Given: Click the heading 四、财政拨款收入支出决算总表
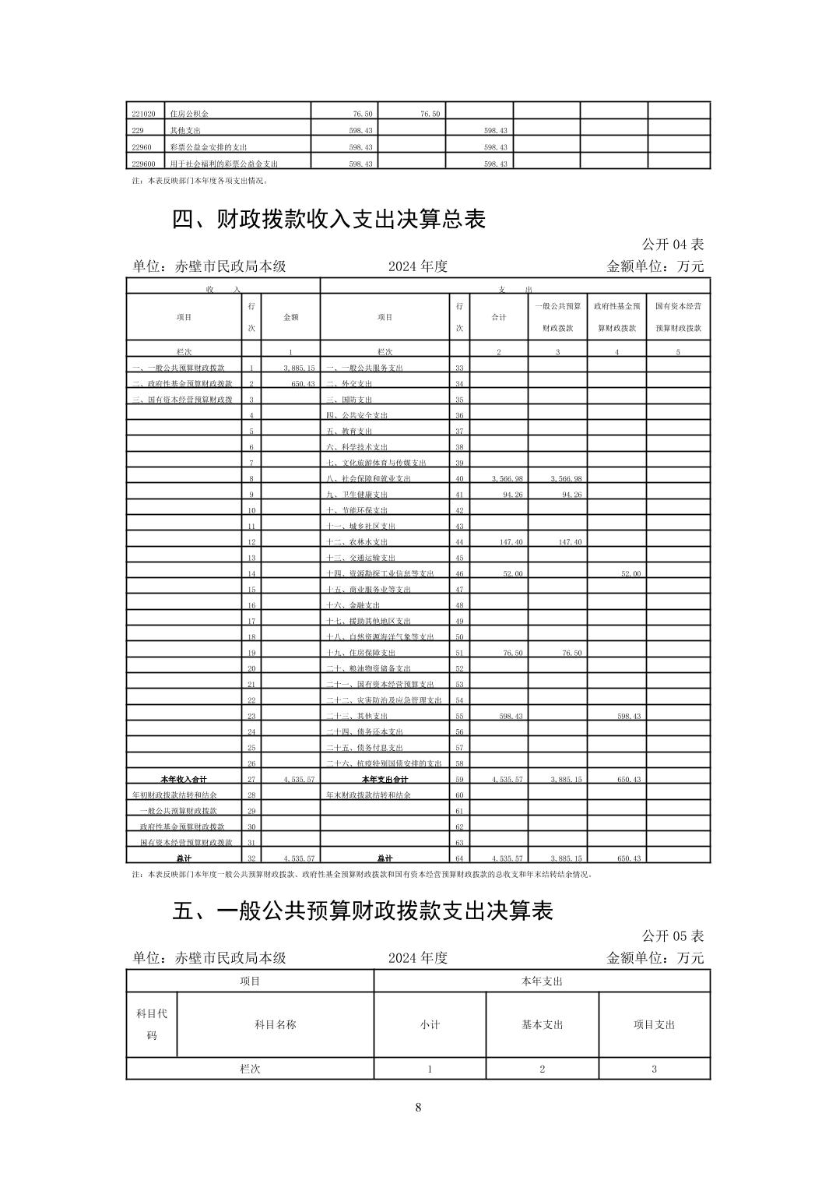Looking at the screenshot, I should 328,220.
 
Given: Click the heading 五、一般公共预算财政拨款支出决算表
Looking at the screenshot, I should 362,911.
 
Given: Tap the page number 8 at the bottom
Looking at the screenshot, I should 418,1107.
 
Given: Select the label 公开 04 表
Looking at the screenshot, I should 673,245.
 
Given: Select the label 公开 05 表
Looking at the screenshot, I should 673,936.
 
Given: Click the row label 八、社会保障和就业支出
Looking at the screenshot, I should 368,478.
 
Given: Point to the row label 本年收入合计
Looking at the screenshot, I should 184,779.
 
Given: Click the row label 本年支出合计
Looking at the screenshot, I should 385,779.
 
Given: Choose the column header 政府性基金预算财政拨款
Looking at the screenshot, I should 616,317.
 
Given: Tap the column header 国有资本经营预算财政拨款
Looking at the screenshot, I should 678,317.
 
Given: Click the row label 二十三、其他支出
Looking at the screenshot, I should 357,716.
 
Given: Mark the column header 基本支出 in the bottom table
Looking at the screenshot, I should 542,1024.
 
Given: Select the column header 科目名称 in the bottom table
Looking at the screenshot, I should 275,1024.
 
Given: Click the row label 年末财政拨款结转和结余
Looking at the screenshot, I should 368,795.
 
